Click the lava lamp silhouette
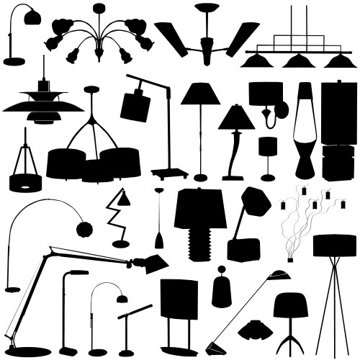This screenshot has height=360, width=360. tap(304, 133)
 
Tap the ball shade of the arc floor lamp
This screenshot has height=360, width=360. tap(84, 229)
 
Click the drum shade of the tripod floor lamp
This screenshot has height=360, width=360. tap(334, 246)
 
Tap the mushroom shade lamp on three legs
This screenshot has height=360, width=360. tap(291, 306)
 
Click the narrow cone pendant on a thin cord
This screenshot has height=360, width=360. tap(158, 238)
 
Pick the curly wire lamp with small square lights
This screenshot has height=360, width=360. tap(302, 216)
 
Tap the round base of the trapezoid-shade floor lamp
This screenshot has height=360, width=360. tap(200, 177)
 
